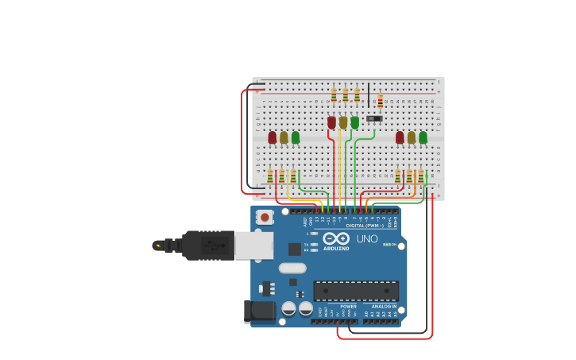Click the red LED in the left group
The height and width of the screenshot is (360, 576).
[x=273, y=137]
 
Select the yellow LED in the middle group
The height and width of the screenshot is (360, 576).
[x=343, y=122]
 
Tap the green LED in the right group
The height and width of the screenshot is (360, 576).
[x=423, y=137]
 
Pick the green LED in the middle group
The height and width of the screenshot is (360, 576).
[x=354, y=122]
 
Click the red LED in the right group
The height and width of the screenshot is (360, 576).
[x=400, y=137]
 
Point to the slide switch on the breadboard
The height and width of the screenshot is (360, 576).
[x=374, y=118]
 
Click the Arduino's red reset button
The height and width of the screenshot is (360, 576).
[x=265, y=216]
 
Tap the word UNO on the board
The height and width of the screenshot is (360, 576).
[x=367, y=238]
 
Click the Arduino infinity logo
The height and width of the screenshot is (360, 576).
[x=336, y=238]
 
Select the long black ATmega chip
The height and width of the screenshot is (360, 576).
[x=356, y=291]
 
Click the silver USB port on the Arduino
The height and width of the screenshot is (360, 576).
[x=253, y=246]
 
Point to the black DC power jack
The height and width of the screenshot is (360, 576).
[x=259, y=312]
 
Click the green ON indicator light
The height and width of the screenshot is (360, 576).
[x=386, y=245]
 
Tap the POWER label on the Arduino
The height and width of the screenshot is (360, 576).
[x=348, y=306]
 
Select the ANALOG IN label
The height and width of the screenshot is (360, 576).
[x=384, y=306]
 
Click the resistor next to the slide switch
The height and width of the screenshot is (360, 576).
[x=380, y=100]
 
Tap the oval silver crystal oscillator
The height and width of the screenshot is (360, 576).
[x=292, y=268]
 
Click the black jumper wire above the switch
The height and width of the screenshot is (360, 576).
[x=368, y=94]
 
